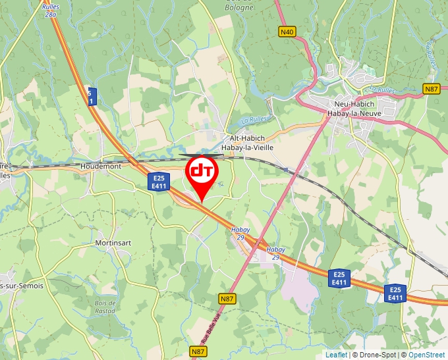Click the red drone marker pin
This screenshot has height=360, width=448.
(x=201, y=173)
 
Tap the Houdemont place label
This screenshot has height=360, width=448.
(x=100, y=167)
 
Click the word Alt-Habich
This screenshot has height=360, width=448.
(x=246, y=139)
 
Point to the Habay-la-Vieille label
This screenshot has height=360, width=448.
(x=247, y=148)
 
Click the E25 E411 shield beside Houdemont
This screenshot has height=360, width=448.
(x=157, y=182)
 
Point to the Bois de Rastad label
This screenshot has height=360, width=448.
(x=105, y=307)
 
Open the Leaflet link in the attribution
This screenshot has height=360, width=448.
(x=336, y=355)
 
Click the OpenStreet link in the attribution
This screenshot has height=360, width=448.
(x=428, y=355)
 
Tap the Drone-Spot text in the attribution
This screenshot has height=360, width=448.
(x=378, y=355)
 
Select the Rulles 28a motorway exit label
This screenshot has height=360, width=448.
(x=49, y=10)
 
